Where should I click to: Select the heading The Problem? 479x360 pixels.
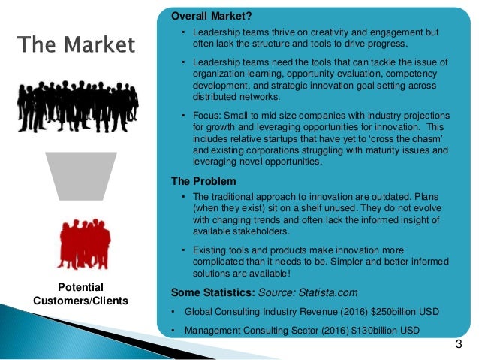tap(203, 182)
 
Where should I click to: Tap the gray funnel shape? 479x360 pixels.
tap(80, 179)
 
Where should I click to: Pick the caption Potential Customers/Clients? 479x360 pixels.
tap(81, 295)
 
